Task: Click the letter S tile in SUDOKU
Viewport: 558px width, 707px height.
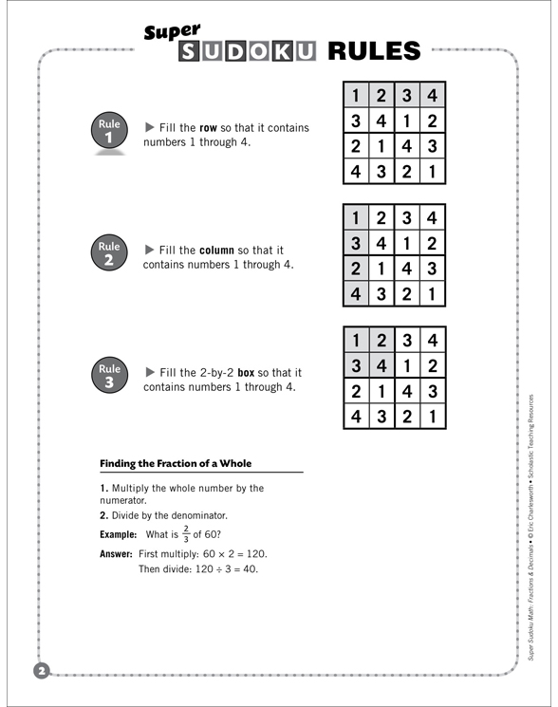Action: (190, 51)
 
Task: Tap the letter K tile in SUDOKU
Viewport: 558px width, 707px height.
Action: (280, 51)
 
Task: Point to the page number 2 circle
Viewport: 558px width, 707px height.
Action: (41, 672)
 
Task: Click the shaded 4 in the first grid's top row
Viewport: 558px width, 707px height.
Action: (431, 96)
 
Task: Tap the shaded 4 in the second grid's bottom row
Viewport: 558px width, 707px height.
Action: (356, 293)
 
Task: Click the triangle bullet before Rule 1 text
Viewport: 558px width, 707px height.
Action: (149, 126)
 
